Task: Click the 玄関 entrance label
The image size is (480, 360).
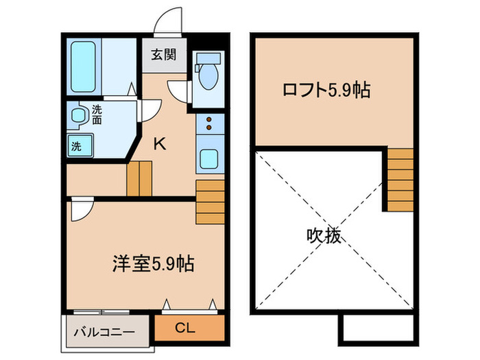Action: (x=164, y=54)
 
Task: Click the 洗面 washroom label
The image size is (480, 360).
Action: (x=97, y=115)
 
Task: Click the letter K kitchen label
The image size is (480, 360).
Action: (x=158, y=144)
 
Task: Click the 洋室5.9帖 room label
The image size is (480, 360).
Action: (x=153, y=263)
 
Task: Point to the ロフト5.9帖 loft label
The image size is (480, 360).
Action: (x=327, y=90)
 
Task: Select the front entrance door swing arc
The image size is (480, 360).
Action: (x=167, y=22)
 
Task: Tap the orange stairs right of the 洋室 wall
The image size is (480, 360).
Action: (x=210, y=203)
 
